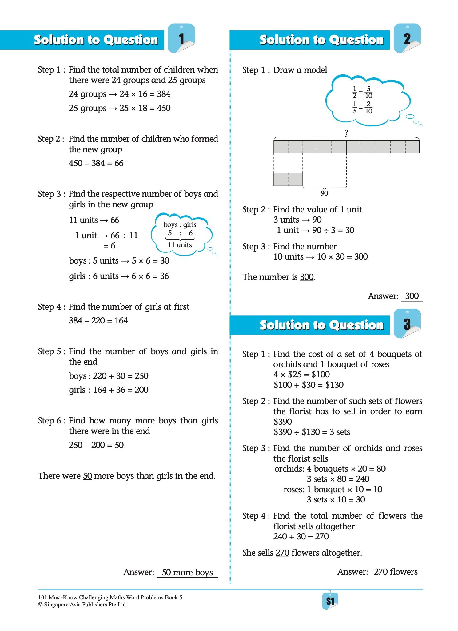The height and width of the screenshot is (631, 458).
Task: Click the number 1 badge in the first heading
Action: tap(181, 39)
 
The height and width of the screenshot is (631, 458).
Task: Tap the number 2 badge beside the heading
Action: tap(407, 39)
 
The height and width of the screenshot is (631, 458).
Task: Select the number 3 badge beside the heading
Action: tap(407, 324)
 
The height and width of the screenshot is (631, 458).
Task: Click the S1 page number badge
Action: tap(330, 601)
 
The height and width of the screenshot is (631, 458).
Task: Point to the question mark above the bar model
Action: tap(346, 133)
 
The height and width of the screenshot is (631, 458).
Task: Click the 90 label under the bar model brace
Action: tap(324, 193)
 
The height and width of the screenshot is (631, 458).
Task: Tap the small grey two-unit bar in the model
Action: tap(288, 180)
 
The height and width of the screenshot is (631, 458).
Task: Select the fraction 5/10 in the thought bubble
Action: tap(368, 92)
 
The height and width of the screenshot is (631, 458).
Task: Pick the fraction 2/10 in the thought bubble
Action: tap(368, 108)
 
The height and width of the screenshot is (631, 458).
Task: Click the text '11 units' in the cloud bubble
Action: tap(180, 245)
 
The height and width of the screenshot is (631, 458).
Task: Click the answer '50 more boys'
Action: tap(187, 572)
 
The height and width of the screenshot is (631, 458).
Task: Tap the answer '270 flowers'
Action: tap(396, 572)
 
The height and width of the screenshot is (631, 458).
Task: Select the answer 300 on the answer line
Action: tap(412, 296)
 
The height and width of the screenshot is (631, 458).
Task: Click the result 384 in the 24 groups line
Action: tap(164, 94)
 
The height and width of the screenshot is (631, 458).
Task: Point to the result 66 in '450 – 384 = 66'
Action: tap(119, 163)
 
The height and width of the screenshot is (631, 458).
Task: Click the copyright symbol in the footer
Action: tap(40, 605)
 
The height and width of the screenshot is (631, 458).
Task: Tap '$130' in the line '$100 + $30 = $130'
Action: tap(334, 385)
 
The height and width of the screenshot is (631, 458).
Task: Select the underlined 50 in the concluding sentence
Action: tap(88, 476)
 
